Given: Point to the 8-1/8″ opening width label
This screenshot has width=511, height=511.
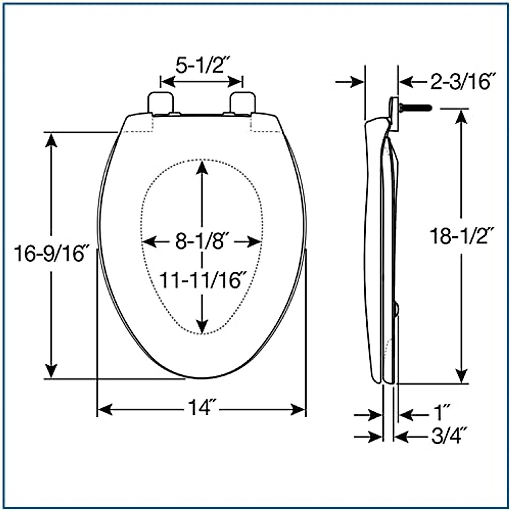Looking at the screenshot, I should pyautogui.click(x=202, y=242).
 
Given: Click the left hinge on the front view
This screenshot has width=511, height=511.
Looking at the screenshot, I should pyautogui.click(x=161, y=103).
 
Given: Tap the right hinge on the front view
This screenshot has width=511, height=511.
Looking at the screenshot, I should pyautogui.click(x=243, y=103).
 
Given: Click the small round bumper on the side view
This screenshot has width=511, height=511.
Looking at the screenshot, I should pyautogui.click(x=396, y=309).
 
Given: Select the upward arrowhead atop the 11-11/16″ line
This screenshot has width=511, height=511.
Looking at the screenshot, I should pyautogui.click(x=202, y=167).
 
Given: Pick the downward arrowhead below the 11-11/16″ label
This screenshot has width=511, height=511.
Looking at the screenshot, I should pyautogui.click(x=202, y=327).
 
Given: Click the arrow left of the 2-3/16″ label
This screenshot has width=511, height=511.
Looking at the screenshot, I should pyautogui.click(x=407, y=82).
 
